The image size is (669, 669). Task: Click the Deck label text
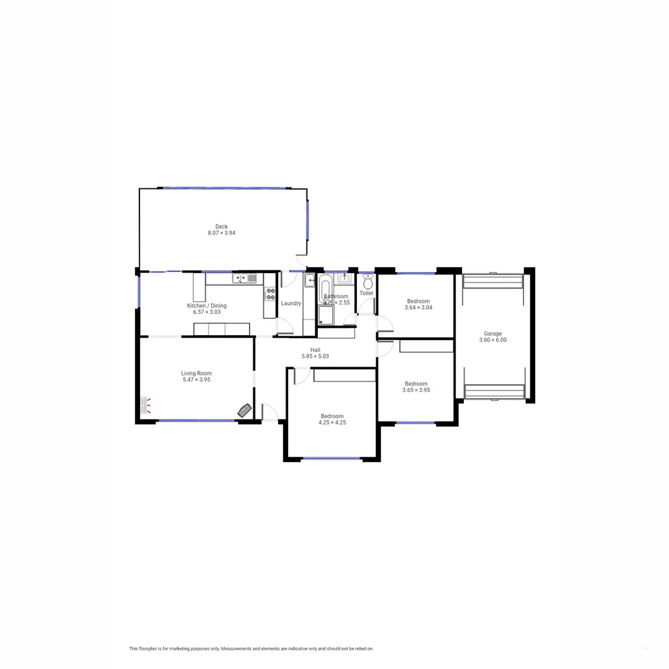221,227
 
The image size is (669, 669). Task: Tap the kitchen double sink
245,279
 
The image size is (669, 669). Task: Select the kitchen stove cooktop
270,294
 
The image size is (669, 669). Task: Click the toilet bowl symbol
367,283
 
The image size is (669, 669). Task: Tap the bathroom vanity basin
344,278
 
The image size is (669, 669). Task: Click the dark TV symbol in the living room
245,409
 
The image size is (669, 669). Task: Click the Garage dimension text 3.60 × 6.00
493,340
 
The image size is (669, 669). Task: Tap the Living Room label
196,374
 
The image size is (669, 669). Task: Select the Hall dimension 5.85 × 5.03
315,356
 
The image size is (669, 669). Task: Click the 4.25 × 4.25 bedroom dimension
332,422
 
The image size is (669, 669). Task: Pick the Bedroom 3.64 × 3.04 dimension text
418,308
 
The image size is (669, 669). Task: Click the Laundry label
291,304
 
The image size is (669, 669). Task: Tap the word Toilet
366,294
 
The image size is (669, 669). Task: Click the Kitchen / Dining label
207,305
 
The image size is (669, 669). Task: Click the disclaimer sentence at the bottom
251,649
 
